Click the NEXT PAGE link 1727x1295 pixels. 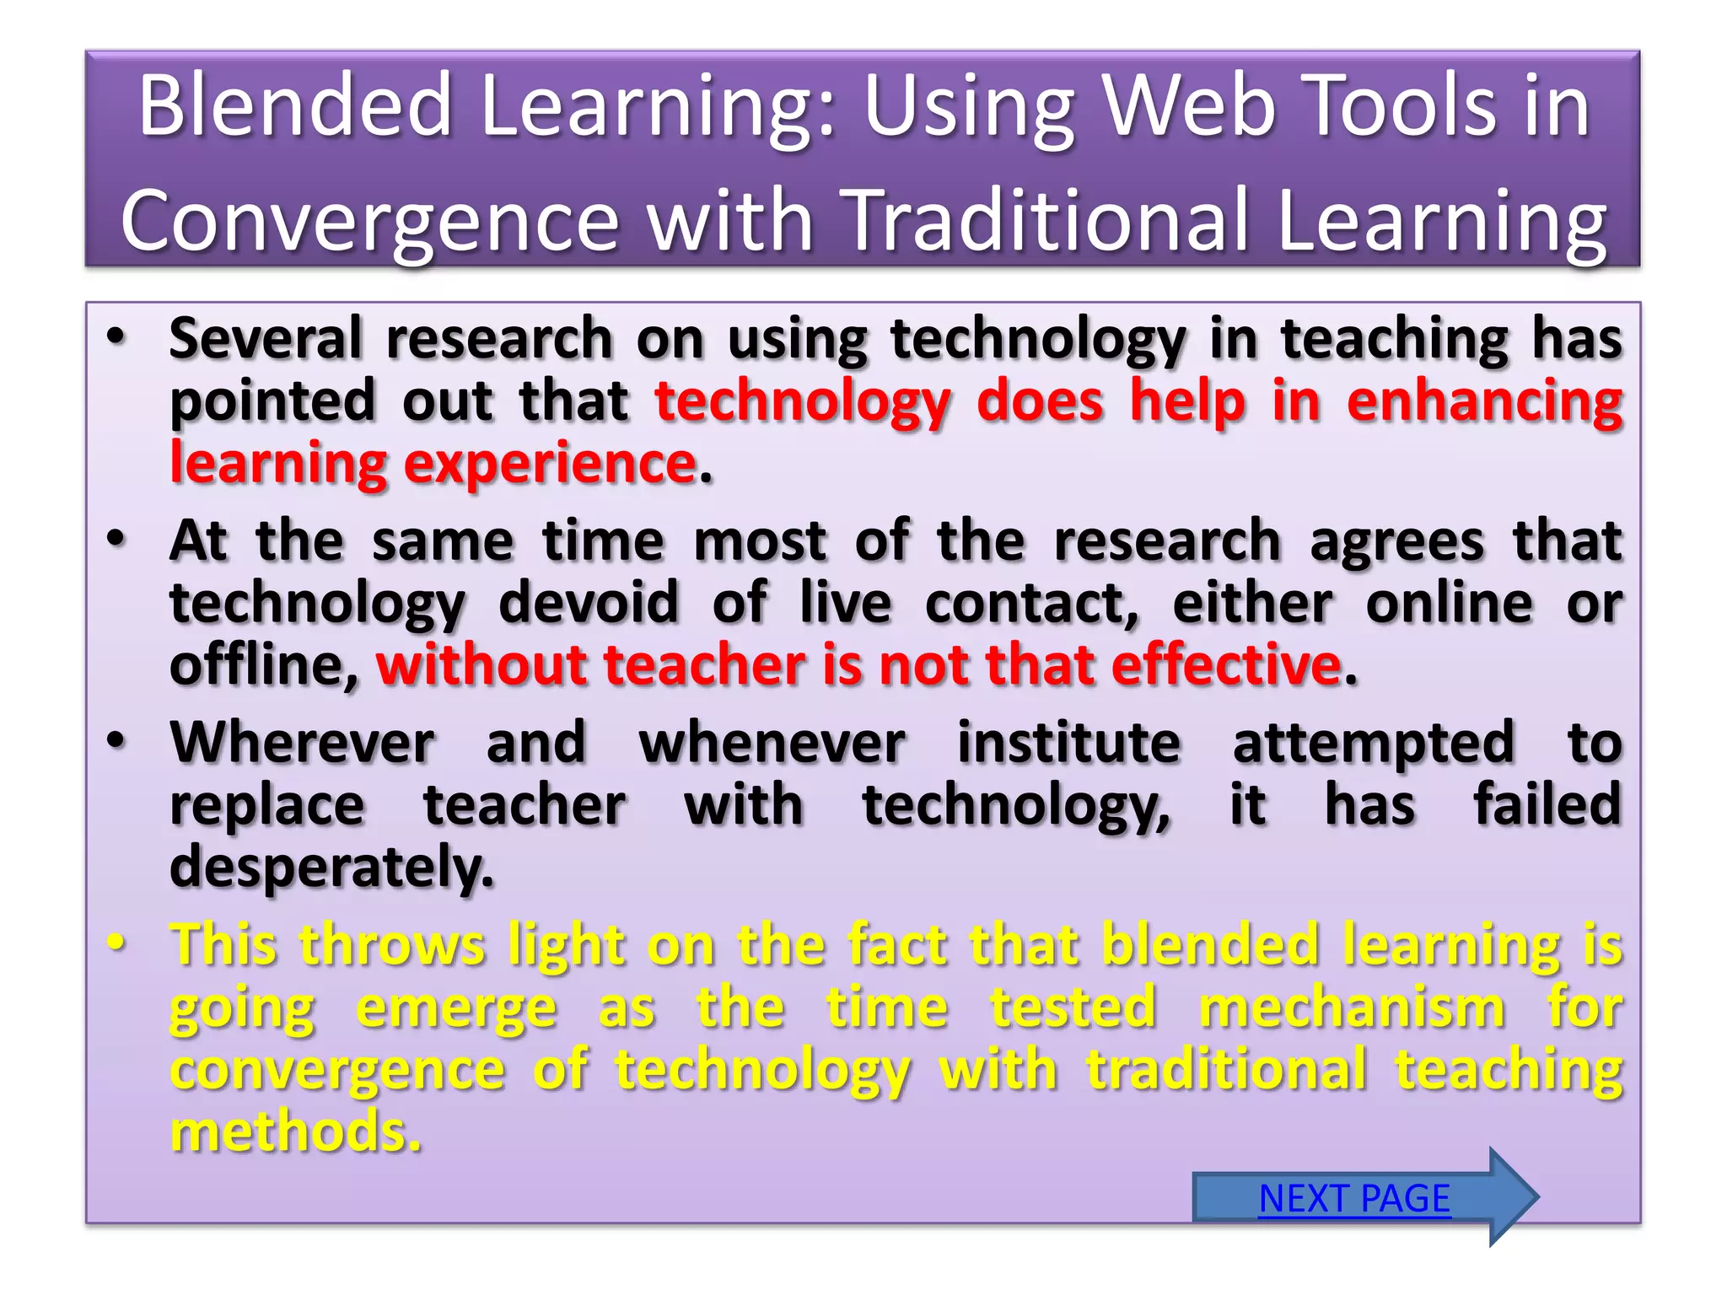pyautogui.click(x=1354, y=1198)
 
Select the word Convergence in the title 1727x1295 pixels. pyautogui.click(x=370, y=221)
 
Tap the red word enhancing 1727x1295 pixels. pyautogui.click(x=1484, y=400)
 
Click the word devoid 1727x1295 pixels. pyautogui.click(x=589, y=603)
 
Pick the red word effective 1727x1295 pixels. pyautogui.click(x=1226, y=665)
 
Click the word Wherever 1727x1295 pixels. pyautogui.click(x=303, y=743)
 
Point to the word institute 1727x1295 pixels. pyautogui.click(x=1068, y=743)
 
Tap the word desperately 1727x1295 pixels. pyautogui.click(x=331, y=868)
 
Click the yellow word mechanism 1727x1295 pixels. pyautogui.click(x=1352, y=1008)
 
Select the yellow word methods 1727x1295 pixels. pyautogui.click(x=294, y=1131)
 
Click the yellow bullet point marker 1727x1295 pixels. pyautogui.click(x=116, y=943)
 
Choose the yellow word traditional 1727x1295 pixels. pyautogui.click(x=1226, y=1069)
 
